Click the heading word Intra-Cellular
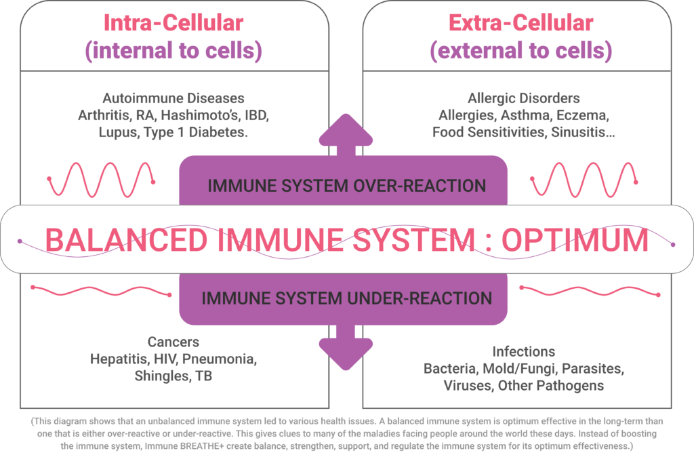coord(173,22)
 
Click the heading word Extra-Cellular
coord(520,22)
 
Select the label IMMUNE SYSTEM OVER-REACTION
coord(346,185)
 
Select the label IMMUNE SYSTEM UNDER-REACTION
coord(346,298)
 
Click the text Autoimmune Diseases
coord(173,98)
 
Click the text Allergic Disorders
coord(523,98)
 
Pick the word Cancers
coord(173,342)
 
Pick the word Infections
coord(523,351)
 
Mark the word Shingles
coord(159,376)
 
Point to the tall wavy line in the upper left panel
coord(102,180)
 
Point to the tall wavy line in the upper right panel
coord(584,180)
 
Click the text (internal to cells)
coord(173,51)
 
